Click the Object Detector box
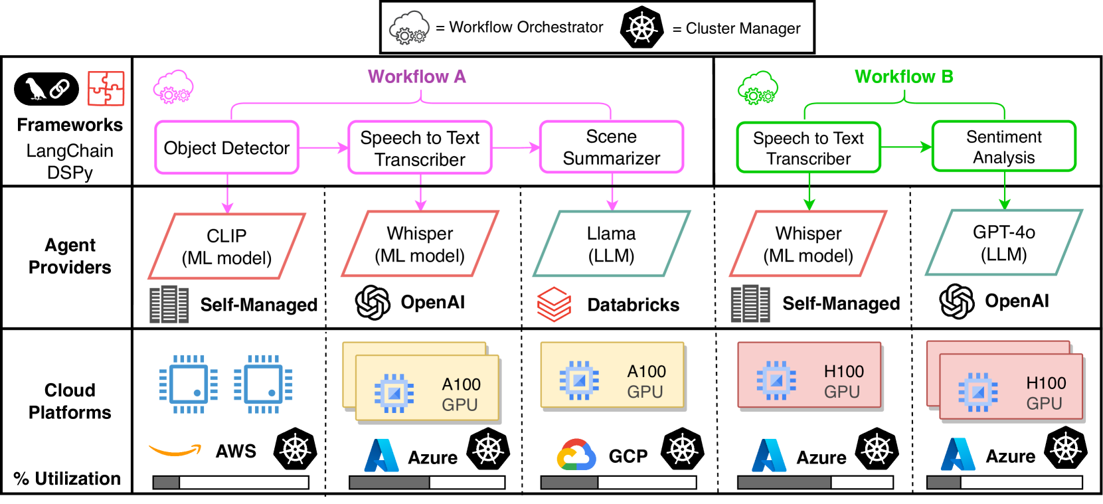click(227, 147)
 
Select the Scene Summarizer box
click(612, 147)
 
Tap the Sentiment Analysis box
click(1004, 147)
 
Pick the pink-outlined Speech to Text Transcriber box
click(420, 148)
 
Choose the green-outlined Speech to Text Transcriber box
click(809, 148)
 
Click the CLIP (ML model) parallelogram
click(226, 246)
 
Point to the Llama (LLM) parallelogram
click(612, 244)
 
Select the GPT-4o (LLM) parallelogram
click(1004, 242)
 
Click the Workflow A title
click(417, 77)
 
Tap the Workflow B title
click(904, 77)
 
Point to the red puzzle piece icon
click(106, 88)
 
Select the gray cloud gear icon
click(409, 28)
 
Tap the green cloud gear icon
click(758, 88)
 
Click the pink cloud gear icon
click(173, 87)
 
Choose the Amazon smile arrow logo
click(175, 451)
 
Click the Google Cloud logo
click(576, 455)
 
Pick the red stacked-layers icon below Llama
click(554, 304)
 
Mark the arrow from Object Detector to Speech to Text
click(323, 147)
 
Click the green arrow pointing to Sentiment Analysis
click(906, 147)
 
